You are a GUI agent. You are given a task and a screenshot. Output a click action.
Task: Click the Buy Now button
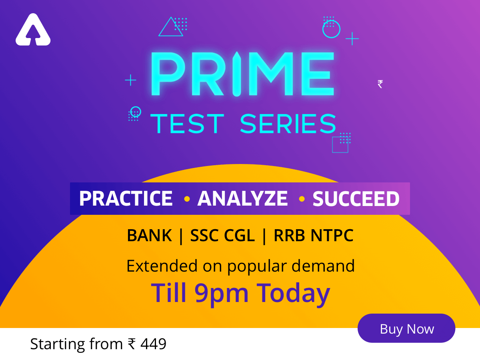click(406, 328)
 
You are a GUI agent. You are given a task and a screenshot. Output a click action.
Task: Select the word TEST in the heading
click(187, 124)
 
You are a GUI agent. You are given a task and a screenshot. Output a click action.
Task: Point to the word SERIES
click(288, 124)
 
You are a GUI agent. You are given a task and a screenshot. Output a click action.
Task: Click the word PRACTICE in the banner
click(126, 198)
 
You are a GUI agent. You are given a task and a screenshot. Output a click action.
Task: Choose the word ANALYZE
click(242, 198)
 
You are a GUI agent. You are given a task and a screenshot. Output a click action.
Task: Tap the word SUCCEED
click(356, 199)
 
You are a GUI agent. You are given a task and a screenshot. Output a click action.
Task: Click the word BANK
click(149, 236)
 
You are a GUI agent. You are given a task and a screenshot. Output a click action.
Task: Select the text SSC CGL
click(222, 236)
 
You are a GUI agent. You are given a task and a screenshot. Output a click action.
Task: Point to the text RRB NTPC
click(314, 236)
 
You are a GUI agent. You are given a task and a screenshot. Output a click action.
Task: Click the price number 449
click(153, 344)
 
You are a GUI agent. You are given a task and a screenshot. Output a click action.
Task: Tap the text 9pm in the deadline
click(223, 294)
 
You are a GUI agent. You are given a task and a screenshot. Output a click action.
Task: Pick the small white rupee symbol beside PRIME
click(380, 84)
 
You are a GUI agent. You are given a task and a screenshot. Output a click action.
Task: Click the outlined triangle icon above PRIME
click(170, 27)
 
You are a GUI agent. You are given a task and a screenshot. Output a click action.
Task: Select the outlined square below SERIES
click(340, 144)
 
